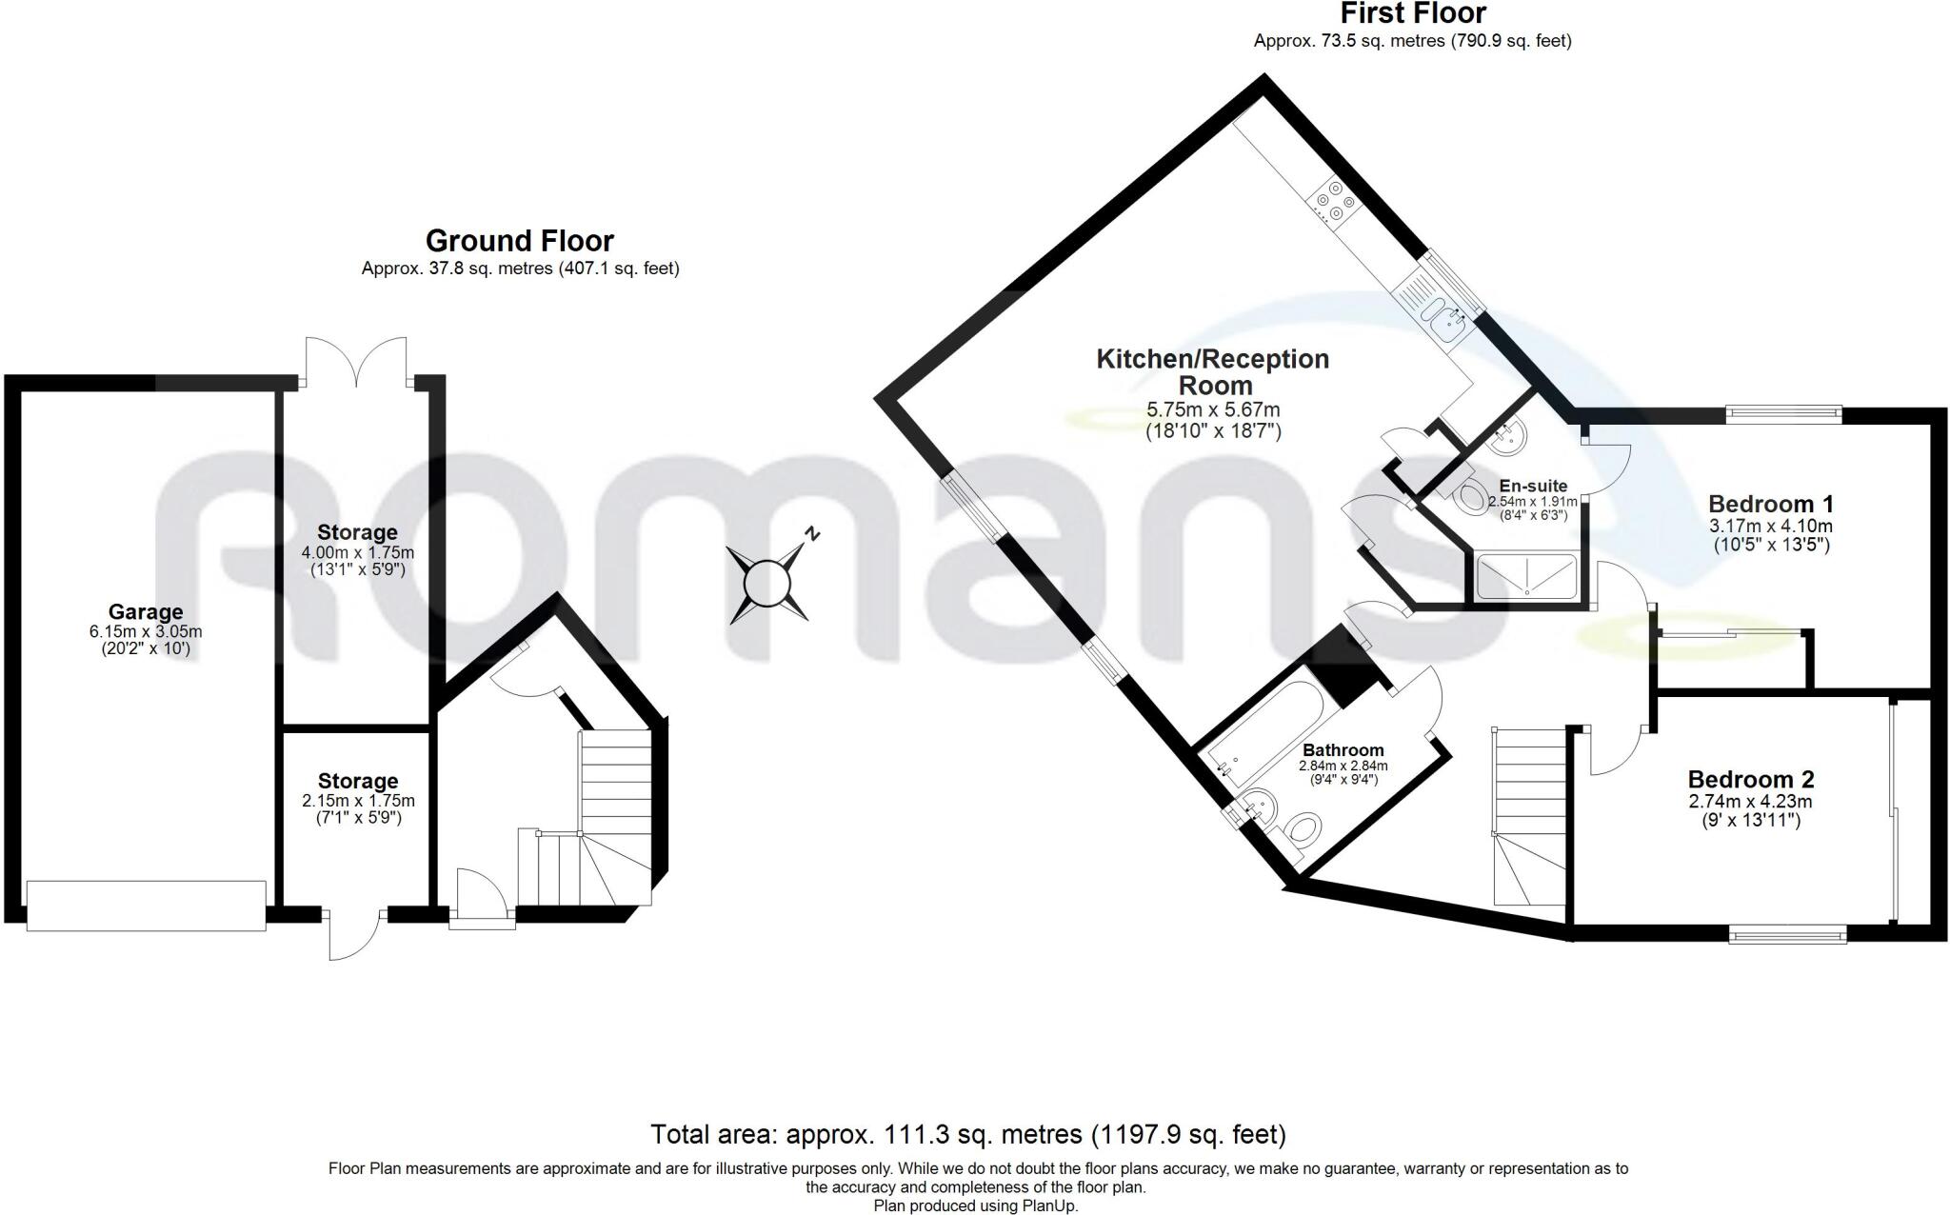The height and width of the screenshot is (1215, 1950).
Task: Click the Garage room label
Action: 145,612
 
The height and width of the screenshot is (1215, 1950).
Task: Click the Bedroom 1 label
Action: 1770,504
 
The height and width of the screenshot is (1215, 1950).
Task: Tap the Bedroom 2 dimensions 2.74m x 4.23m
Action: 1750,801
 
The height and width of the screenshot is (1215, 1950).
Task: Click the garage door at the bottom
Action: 146,906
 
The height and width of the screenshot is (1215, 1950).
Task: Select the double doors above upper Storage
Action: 357,362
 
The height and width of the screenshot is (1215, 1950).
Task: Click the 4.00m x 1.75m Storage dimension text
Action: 357,552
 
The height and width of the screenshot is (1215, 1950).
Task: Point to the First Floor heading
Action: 1413,14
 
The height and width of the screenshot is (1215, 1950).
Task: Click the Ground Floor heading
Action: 519,240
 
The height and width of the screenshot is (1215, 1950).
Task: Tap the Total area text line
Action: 967,1134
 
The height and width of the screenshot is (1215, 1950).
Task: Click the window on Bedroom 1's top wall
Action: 1782,413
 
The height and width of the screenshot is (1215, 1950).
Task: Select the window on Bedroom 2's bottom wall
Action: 1788,936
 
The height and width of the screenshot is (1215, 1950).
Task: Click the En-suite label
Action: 1533,486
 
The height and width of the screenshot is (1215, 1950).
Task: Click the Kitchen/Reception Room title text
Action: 1212,372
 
